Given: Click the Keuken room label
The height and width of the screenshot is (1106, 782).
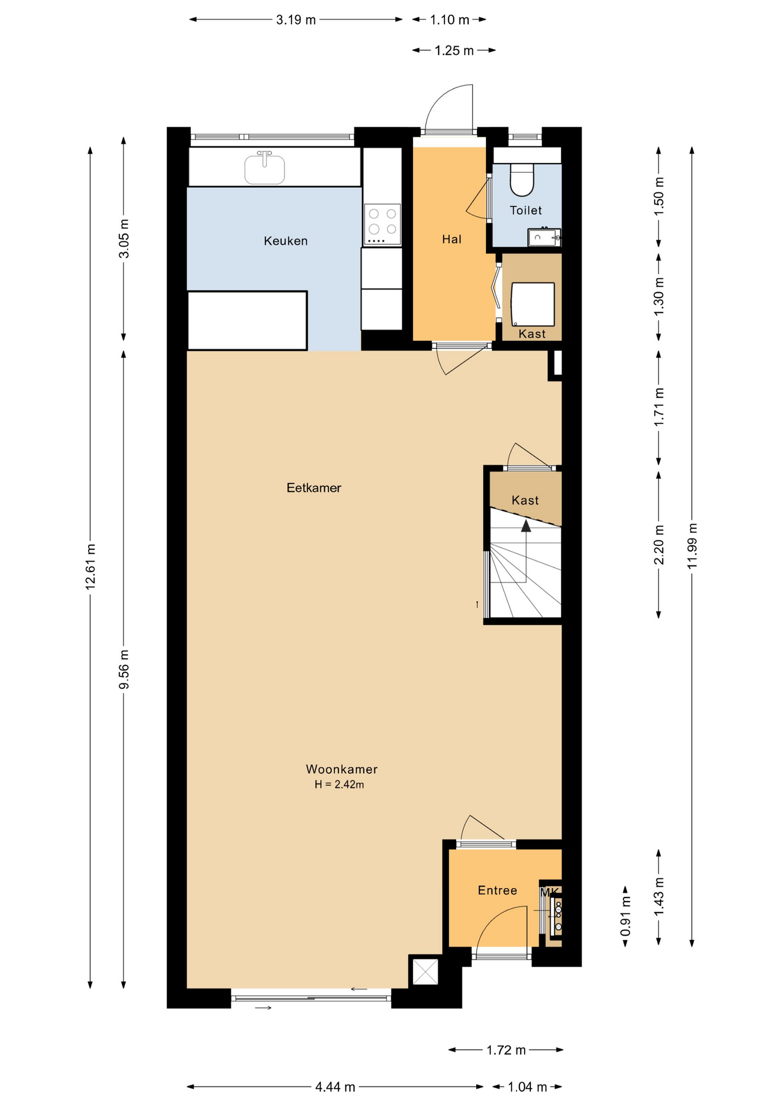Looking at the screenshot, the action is pos(286,241).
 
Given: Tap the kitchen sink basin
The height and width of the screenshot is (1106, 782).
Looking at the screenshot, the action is pos(264,169).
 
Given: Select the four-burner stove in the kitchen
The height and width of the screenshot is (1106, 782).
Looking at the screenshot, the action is pos(382,224).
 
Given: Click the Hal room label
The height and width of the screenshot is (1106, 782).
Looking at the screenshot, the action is pos(451,239).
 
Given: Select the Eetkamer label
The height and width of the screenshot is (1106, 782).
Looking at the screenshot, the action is pos(314,488).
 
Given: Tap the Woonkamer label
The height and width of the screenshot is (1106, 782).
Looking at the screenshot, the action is pos(341,769).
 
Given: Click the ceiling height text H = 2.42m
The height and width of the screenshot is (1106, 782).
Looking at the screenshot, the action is pos(339,784).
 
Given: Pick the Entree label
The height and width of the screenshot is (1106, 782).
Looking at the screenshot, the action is pos(498,891).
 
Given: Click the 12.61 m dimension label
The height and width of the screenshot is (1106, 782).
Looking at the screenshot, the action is pos(90,566).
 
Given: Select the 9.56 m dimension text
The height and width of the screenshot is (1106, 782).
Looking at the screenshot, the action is pos(124,669).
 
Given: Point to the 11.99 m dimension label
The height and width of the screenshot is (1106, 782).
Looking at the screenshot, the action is pos(692,546).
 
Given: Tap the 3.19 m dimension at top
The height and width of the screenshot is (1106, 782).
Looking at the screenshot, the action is pos(296,20).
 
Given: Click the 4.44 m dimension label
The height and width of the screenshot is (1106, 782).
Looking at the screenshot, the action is pos(335,1087).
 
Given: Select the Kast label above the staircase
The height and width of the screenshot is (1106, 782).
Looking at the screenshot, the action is pos(525,500).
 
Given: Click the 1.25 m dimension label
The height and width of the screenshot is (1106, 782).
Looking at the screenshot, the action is pos(454,51).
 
